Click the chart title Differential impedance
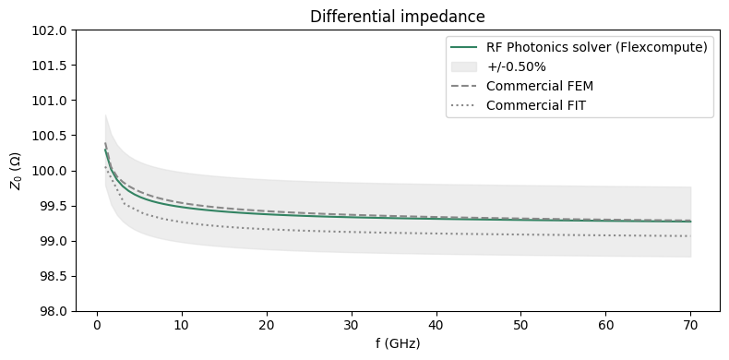tap(397, 17)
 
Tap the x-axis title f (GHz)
tap(397, 343)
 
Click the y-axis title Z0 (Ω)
tap(16, 172)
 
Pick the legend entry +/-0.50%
tap(518, 66)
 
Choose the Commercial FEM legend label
tap(539, 86)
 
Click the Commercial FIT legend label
tap(535, 105)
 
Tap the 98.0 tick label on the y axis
tap(54, 312)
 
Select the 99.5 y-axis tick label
tap(54, 207)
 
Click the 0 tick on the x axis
tap(96, 326)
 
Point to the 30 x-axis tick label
tap(351, 326)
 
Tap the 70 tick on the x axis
tap(691, 326)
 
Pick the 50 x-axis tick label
tap(521, 326)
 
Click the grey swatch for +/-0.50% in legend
tap(464, 66)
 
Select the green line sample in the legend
tap(464, 48)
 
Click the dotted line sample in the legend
tap(464, 105)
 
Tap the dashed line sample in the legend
tap(464, 86)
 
